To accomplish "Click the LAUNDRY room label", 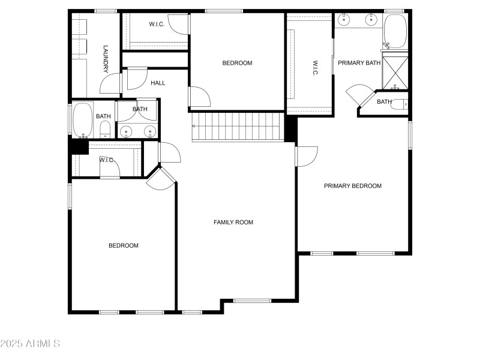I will (x=106, y=58).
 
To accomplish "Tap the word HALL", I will (x=158, y=83).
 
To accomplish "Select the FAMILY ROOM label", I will (x=233, y=223).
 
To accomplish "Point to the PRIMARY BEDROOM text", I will (x=353, y=186).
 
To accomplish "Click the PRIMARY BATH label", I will (x=359, y=63).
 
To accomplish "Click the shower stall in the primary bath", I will (x=395, y=70).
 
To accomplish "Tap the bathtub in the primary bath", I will (x=395, y=31).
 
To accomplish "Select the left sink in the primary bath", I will (x=344, y=20).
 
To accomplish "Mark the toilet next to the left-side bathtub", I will (x=104, y=128).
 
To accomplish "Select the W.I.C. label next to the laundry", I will (x=157, y=25).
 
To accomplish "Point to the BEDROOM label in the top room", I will (x=237, y=63).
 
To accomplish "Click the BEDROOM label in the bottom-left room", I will (x=123, y=245).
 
